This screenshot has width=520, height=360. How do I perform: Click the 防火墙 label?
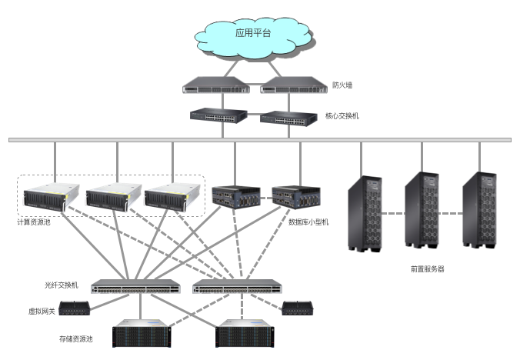tap(342, 85)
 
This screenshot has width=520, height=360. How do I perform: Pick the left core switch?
tap(219, 115)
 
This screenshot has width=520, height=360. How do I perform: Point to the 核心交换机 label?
tap(342, 116)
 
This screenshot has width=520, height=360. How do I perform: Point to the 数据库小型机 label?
tap(308, 222)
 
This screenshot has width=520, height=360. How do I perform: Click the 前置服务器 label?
tap(428, 269)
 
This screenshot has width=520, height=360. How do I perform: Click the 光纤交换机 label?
tap(62, 285)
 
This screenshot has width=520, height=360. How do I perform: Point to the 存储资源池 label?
tap(75, 338)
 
